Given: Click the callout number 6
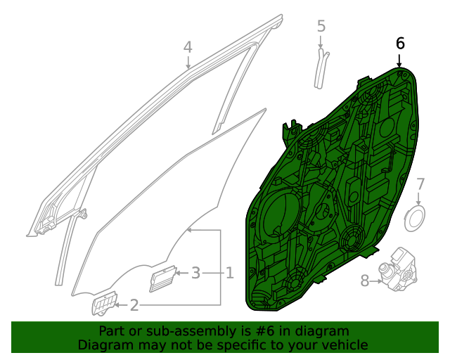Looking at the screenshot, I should coord(400,43).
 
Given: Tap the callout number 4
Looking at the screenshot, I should coord(188,47).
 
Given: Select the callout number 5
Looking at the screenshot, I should coord(321,27).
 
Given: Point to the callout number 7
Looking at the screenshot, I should coord(420,184).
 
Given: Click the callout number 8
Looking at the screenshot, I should coord(364,281).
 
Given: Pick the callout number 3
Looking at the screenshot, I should coord(196,272).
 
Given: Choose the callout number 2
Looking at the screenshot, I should coord(134,305).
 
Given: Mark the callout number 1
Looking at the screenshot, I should coord(229,272).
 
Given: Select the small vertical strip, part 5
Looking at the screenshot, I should coord(321,68).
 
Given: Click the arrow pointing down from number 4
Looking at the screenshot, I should coord(188,63).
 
